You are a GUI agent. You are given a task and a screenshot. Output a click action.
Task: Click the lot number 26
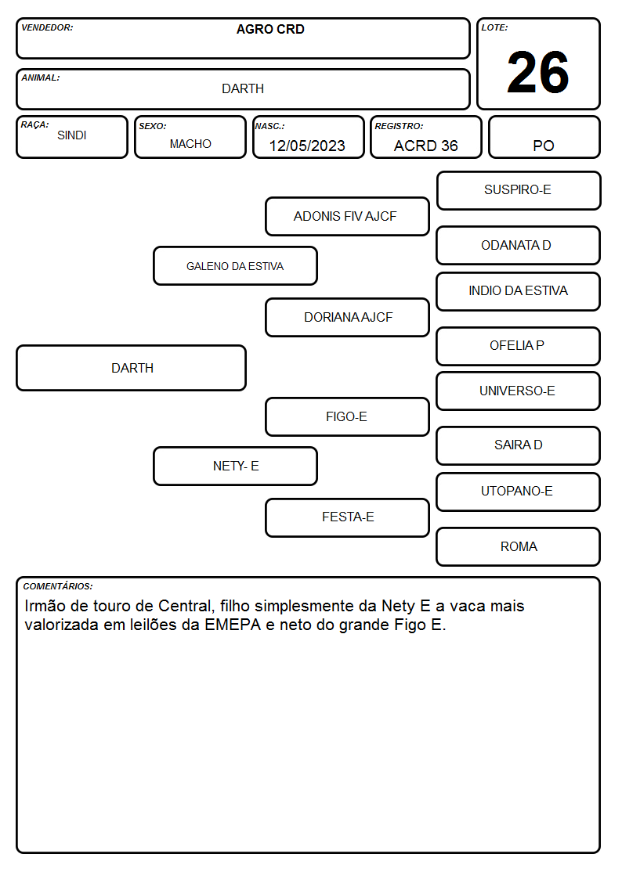(538, 72)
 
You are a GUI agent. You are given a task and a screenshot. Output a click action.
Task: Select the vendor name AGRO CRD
(270, 29)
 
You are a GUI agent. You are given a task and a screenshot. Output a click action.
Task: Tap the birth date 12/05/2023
(307, 146)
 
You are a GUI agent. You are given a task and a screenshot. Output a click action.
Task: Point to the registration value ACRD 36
(425, 146)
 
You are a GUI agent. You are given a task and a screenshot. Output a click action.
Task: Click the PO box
(544, 137)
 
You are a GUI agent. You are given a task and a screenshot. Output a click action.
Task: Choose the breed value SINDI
(72, 135)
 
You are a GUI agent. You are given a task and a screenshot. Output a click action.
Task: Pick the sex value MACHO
(190, 144)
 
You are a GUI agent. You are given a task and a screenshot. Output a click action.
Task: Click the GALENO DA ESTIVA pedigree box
(235, 265)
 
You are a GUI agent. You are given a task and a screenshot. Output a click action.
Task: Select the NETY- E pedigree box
(235, 466)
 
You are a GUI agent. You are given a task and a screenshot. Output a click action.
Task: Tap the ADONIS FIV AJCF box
(347, 216)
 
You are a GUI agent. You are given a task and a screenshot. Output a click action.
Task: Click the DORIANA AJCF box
(347, 317)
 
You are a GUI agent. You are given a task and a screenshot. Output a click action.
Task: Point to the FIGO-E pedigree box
(347, 416)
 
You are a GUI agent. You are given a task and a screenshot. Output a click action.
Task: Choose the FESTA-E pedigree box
(347, 517)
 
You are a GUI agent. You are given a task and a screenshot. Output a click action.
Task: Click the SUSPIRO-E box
(519, 191)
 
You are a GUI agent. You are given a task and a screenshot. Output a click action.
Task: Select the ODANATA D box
(519, 245)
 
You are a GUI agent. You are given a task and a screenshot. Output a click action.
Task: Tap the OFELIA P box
(519, 346)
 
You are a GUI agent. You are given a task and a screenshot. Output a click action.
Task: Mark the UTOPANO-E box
(519, 492)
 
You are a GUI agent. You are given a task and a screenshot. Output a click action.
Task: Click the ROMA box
(519, 546)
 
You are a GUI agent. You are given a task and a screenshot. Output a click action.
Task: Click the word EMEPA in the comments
(233, 625)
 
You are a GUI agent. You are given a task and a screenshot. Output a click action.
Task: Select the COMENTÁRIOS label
(58, 586)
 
